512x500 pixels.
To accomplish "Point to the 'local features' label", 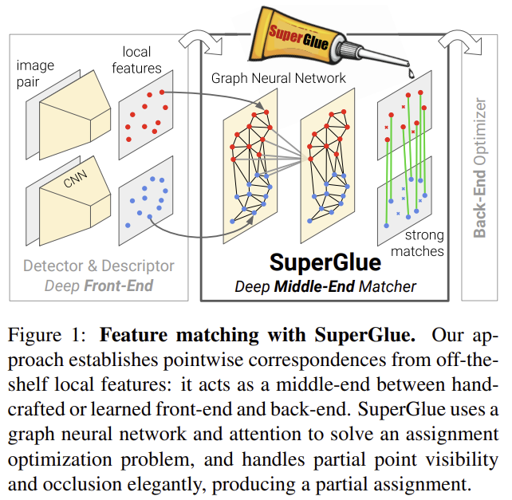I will point(142,61).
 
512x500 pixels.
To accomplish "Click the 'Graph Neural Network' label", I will point(278,78).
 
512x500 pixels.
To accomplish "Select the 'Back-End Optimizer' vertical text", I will point(480,167).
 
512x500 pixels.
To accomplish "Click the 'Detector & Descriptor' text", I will point(98,266).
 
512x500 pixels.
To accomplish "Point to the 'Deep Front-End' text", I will point(98,285).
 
